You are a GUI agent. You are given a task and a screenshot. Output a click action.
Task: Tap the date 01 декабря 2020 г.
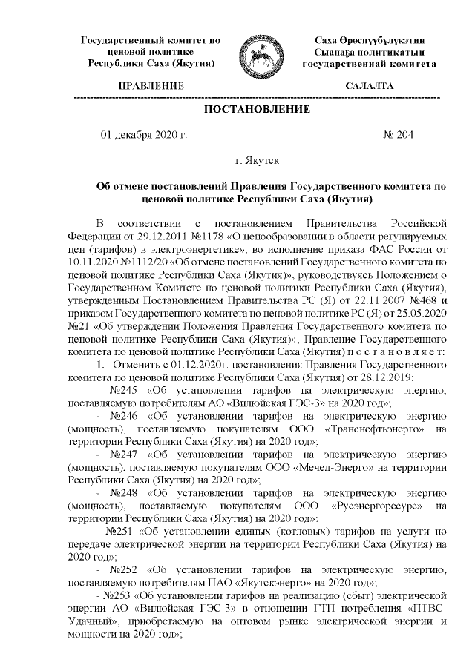point(143,135)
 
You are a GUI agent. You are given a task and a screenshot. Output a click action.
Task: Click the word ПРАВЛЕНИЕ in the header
point(151,87)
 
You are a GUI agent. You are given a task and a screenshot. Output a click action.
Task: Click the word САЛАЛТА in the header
point(369,87)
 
